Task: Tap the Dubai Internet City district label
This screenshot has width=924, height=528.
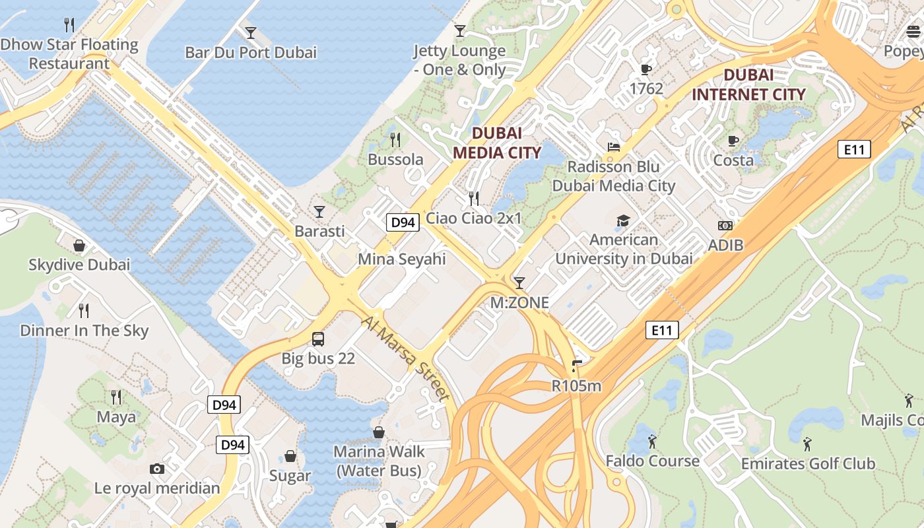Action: tap(748, 84)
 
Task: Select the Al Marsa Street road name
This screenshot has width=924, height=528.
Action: tap(405, 357)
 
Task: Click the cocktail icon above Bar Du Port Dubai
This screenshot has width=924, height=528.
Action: tap(251, 32)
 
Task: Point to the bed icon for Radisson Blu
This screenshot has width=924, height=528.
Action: tap(614, 147)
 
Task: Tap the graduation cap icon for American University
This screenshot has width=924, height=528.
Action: tap(623, 220)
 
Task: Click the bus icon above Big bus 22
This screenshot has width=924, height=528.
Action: tap(318, 339)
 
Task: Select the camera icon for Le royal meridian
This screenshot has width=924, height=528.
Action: tap(156, 469)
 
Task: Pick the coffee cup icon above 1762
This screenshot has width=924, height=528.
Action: tap(646, 69)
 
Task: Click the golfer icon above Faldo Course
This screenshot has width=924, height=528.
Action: tap(652, 442)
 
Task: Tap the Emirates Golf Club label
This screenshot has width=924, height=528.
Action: tap(808, 463)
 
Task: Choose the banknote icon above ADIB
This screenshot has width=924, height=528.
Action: tap(725, 226)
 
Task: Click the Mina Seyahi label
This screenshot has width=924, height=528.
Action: tap(401, 259)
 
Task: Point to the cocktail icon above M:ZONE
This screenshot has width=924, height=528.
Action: tap(519, 283)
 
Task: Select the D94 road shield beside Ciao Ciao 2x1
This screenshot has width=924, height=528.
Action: tap(403, 222)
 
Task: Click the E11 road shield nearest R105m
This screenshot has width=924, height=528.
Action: tap(661, 330)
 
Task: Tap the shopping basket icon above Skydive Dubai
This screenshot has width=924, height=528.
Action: tap(79, 246)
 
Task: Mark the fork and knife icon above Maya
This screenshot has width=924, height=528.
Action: tap(116, 397)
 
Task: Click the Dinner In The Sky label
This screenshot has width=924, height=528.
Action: tap(84, 331)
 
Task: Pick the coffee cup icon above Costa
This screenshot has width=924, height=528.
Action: tap(733, 141)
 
